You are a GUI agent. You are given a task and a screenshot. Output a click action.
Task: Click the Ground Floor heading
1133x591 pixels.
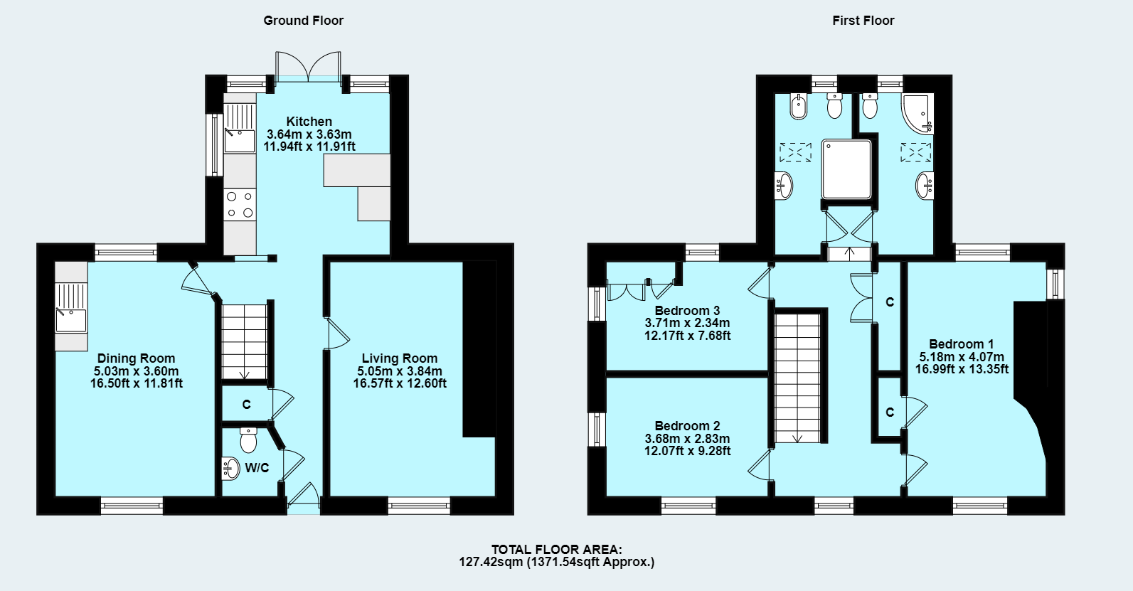(x=303, y=21)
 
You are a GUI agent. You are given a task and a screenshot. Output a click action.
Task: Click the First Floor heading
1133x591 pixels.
(x=863, y=21)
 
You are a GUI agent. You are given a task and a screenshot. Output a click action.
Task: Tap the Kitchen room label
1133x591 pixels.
(x=309, y=122)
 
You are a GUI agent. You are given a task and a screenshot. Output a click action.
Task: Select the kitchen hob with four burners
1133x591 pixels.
(x=240, y=204)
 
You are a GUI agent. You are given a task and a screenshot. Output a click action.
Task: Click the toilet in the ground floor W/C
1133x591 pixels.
(x=248, y=440)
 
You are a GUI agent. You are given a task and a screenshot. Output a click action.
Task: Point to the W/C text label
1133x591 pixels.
(x=257, y=468)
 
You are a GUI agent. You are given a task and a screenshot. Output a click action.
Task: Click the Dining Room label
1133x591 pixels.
(x=136, y=358)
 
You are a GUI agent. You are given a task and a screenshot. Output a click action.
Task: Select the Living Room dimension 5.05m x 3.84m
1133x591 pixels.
(x=399, y=371)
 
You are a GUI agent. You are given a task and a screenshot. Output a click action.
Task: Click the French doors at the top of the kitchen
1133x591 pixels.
(x=308, y=66)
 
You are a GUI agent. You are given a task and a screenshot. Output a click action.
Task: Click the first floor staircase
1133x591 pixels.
(x=797, y=377)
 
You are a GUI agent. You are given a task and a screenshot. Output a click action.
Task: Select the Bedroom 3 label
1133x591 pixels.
(x=687, y=311)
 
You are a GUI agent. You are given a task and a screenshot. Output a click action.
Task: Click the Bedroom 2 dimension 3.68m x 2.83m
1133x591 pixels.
(x=687, y=439)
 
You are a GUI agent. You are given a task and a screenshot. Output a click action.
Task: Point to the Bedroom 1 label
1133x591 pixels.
(x=961, y=344)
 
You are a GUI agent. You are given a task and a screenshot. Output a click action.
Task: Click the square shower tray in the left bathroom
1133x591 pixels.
(x=846, y=169)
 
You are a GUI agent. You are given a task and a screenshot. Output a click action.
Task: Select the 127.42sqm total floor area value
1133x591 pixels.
(x=491, y=562)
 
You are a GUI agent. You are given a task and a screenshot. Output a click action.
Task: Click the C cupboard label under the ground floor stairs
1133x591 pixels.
(x=246, y=405)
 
